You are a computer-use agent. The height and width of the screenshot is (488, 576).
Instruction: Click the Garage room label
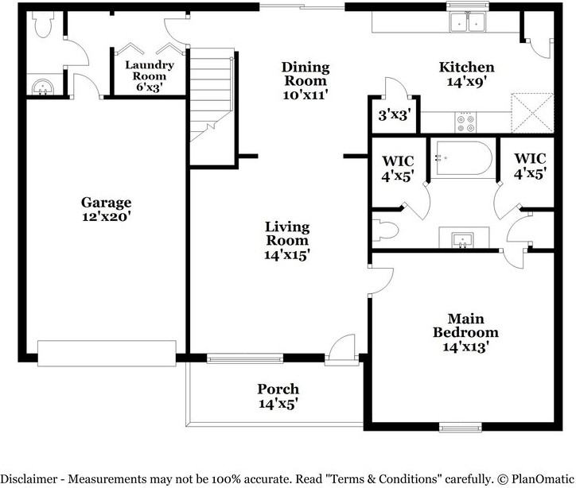pyautogui.click(x=106, y=208)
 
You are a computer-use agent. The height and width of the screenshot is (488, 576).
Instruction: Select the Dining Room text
pyautogui.click(x=306, y=80)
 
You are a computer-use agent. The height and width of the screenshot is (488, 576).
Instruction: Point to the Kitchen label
pyautogui.click(x=467, y=73)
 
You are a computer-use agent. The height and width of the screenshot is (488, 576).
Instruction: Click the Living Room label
pyautogui.click(x=287, y=241)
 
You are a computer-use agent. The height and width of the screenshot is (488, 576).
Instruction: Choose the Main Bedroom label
pyautogui.click(x=465, y=332)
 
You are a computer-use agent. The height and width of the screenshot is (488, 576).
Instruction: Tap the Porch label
pyautogui.click(x=278, y=395)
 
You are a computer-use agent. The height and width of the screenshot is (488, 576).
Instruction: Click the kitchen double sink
pyautogui.click(x=467, y=23)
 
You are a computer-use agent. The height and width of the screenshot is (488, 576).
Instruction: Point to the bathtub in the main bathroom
pyautogui.click(x=463, y=157)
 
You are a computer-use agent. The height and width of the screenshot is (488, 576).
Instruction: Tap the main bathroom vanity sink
pyautogui.click(x=462, y=238)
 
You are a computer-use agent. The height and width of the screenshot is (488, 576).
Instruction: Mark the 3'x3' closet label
pyautogui.click(x=393, y=115)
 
